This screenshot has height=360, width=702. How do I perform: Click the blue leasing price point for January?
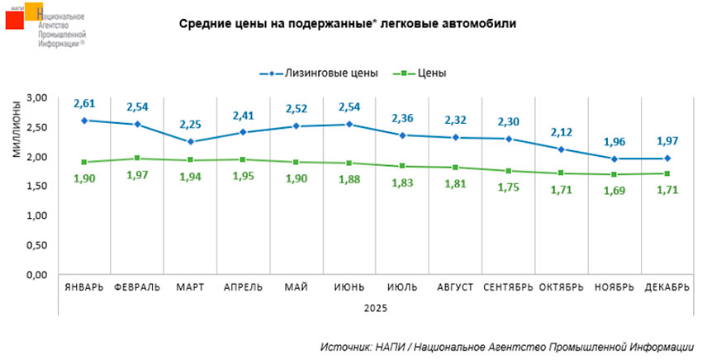pos(85,121)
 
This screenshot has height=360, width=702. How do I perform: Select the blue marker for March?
pos(190,141)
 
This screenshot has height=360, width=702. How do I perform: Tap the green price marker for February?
pos(138,159)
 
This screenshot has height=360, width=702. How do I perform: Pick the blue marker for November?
pos(614,159)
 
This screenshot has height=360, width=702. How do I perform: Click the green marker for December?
pos(666,173)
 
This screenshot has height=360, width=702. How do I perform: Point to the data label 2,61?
pos(85,104)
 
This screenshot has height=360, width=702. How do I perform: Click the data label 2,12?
pos(562,133)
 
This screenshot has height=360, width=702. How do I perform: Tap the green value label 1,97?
pos(138,175)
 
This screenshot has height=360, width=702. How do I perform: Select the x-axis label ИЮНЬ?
pos(349,287)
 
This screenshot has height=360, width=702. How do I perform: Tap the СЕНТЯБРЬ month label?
pos(508,287)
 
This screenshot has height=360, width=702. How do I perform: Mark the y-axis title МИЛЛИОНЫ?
pos(17,132)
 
